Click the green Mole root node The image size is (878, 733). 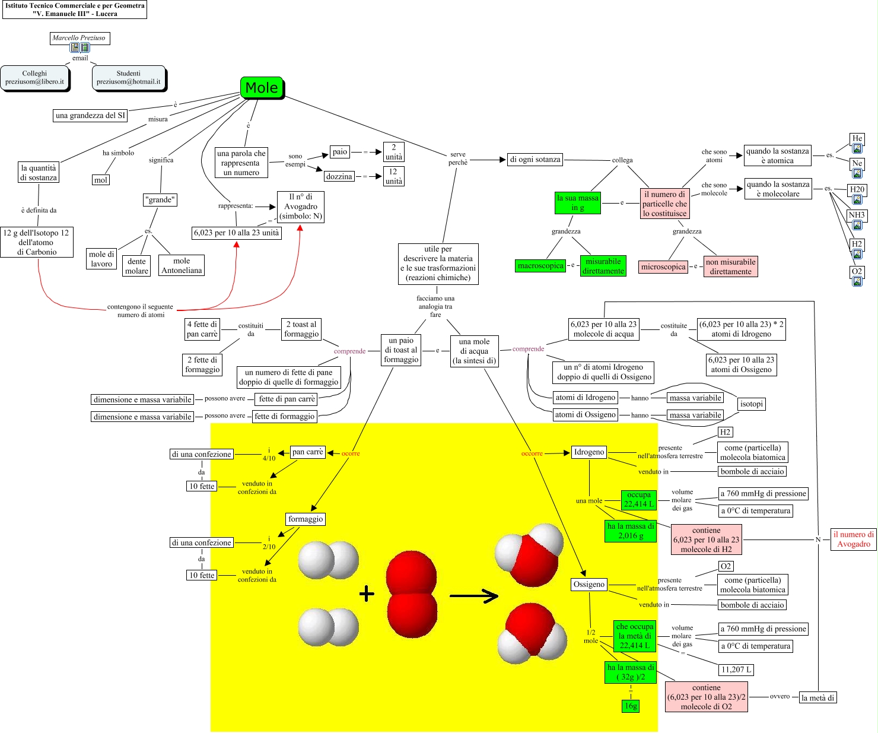[x=262, y=88]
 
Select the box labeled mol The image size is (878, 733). [x=101, y=180]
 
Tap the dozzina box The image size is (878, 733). [x=339, y=176]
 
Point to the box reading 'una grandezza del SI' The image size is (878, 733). [x=90, y=115]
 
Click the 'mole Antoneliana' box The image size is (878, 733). [x=182, y=265]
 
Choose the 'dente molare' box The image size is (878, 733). [x=136, y=266]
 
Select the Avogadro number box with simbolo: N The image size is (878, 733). [x=300, y=207]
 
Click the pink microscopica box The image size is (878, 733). [x=663, y=266]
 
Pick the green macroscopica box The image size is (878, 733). [x=540, y=266]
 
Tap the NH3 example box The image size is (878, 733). [x=857, y=215]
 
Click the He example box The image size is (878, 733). [x=857, y=139]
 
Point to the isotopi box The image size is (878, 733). [x=751, y=404]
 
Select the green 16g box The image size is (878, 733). [x=631, y=706]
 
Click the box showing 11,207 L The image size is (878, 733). [x=736, y=669]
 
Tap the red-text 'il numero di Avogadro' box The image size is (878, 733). [x=853, y=540]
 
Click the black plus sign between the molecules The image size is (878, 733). [x=367, y=594]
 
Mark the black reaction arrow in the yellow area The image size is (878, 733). [x=473, y=596]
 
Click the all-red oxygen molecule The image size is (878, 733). [x=411, y=596]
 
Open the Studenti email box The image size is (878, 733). [x=128, y=78]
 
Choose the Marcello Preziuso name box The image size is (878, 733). [x=79, y=38]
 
